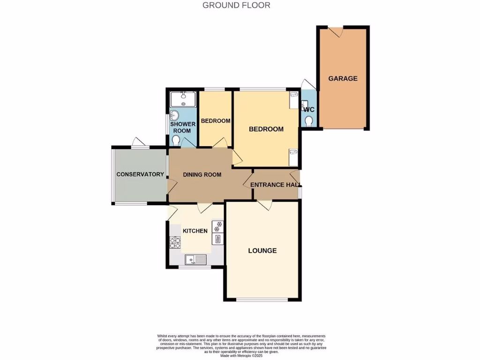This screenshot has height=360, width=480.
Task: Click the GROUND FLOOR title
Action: (236, 6)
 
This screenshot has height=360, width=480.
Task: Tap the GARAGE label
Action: (343, 78)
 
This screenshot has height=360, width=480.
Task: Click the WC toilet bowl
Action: (308, 121)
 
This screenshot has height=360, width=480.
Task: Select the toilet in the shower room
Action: (176, 140)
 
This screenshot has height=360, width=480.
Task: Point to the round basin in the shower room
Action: (175, 115)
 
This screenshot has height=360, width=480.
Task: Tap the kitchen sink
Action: (195, 259)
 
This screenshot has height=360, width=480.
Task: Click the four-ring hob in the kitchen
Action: (175, 243)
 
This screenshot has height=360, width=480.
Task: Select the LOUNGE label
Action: (262, 250)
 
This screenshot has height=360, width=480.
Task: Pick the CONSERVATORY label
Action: (140, 174)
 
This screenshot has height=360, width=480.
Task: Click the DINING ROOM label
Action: (202, 175)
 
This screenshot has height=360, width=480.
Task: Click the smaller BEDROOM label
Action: (215, 121)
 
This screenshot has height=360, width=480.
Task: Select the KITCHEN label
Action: (195, 231)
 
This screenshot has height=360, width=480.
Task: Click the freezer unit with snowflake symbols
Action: (218, 226)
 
